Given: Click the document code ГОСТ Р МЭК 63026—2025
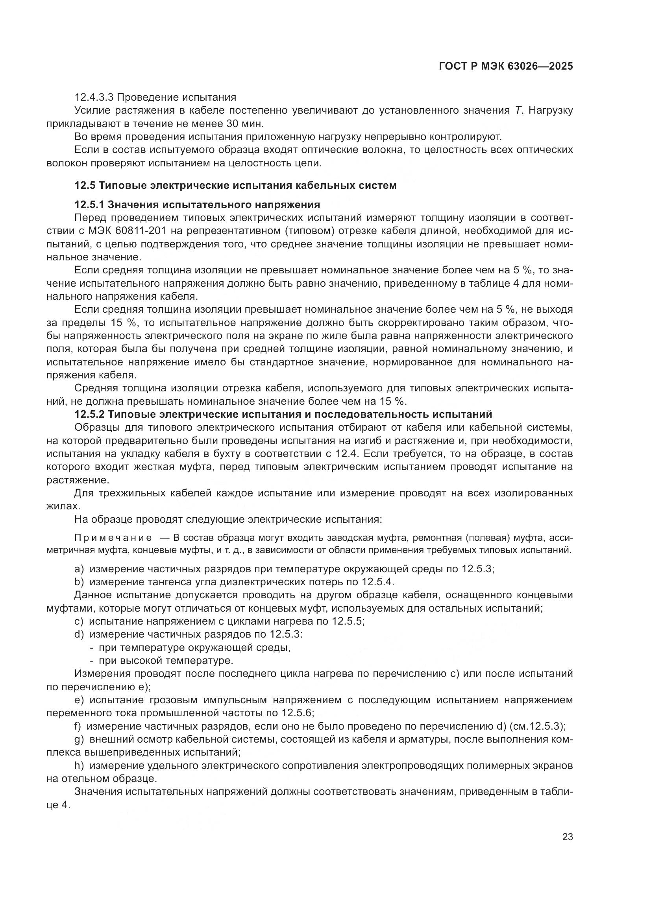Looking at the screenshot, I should [x=506, y=66].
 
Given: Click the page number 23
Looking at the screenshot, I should [x=567, y=837].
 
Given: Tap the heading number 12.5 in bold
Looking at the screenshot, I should [x=85, y=186].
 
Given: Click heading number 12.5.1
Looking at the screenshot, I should [x=89, y=205].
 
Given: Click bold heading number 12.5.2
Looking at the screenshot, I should [x=89, y=414].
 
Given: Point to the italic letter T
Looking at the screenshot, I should [x=518, y=111].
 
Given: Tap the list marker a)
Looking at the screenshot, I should [x=79, y=570].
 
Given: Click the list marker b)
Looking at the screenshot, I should [x=79, y=582].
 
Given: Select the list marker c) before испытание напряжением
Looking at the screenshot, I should [x=79, y=621].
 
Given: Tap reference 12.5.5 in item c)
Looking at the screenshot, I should [x=348, y=621].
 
